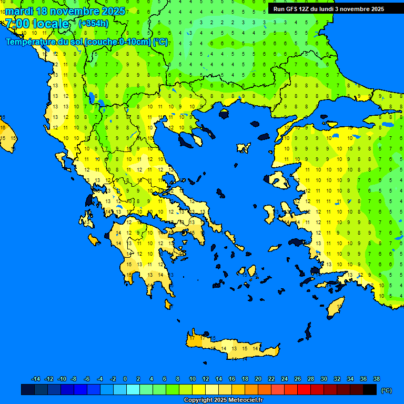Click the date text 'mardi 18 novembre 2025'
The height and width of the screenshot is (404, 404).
coord(65,11)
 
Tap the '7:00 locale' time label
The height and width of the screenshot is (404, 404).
coord(37,24)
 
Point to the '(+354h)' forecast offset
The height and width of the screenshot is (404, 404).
coord(94,23)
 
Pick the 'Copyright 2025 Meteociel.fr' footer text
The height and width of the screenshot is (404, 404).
coord(223,400)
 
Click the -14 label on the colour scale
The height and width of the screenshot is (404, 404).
coord(36,379)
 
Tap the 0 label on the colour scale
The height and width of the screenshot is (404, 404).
coord(125,379)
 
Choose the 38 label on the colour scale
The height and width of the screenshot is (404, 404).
coord(376,379)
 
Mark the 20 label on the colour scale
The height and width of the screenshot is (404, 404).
coord(258,379)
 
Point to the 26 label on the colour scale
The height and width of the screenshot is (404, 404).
coord(298,379)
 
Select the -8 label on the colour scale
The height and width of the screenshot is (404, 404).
coord(74,379)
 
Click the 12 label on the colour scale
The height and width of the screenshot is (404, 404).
coord(205,379)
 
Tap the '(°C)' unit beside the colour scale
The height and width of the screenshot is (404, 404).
coord(387,390)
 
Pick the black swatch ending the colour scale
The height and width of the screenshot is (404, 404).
coord(370,390)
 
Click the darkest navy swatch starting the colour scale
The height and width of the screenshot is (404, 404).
coord(28,390)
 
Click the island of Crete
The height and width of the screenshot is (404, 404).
coord(231,347)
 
